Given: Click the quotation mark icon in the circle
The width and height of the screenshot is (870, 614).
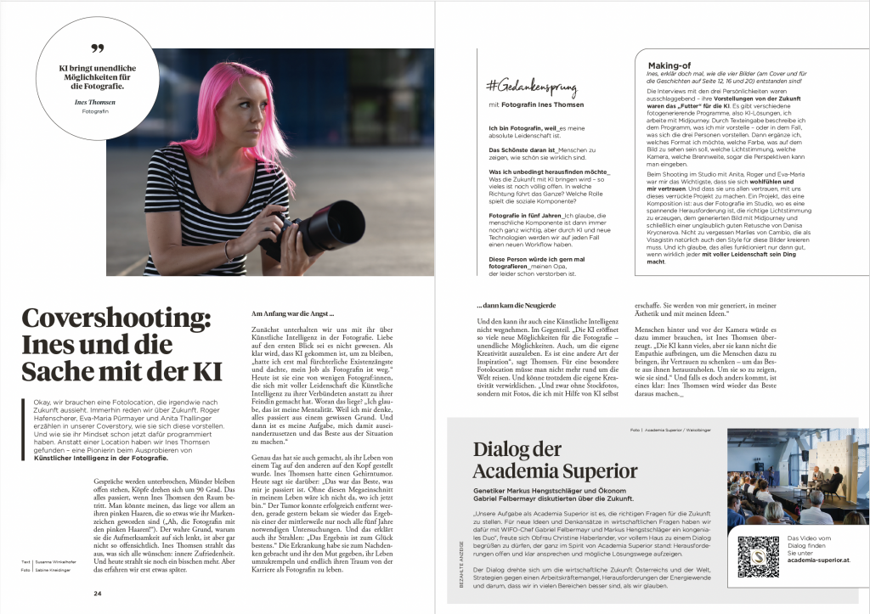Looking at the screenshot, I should pos(97,48).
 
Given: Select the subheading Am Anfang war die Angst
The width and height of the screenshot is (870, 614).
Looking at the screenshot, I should pos(287,315).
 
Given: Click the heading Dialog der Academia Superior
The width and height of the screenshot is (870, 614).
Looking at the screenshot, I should pos(543,460).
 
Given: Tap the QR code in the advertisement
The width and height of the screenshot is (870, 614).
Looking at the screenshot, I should pos(759,555).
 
